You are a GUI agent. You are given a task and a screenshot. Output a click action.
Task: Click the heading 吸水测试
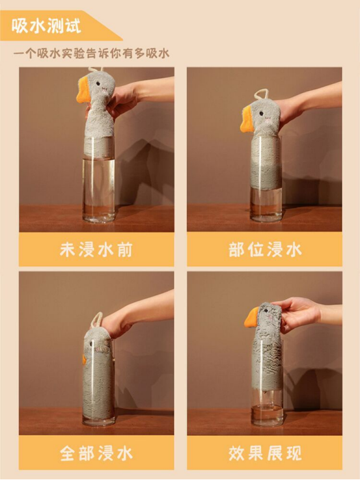pos(47,26)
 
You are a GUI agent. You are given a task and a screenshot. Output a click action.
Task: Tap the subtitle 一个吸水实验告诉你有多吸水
pos(91,54)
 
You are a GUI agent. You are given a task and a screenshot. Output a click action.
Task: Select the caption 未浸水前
pos(96,250)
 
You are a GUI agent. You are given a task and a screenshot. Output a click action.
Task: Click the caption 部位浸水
pos(265,250)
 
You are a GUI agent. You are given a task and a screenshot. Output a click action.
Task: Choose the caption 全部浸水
pos(96,453)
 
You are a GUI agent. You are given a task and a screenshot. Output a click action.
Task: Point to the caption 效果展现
pos(265,453)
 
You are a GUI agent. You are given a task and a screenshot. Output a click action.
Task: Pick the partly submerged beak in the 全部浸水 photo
pos(84,360)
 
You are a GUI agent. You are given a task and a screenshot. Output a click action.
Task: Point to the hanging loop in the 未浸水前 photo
pos(96,70)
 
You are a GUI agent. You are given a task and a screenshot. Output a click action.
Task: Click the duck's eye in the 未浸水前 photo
pos(98,83)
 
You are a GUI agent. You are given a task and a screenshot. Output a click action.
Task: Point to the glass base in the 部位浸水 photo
pos(266,217)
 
